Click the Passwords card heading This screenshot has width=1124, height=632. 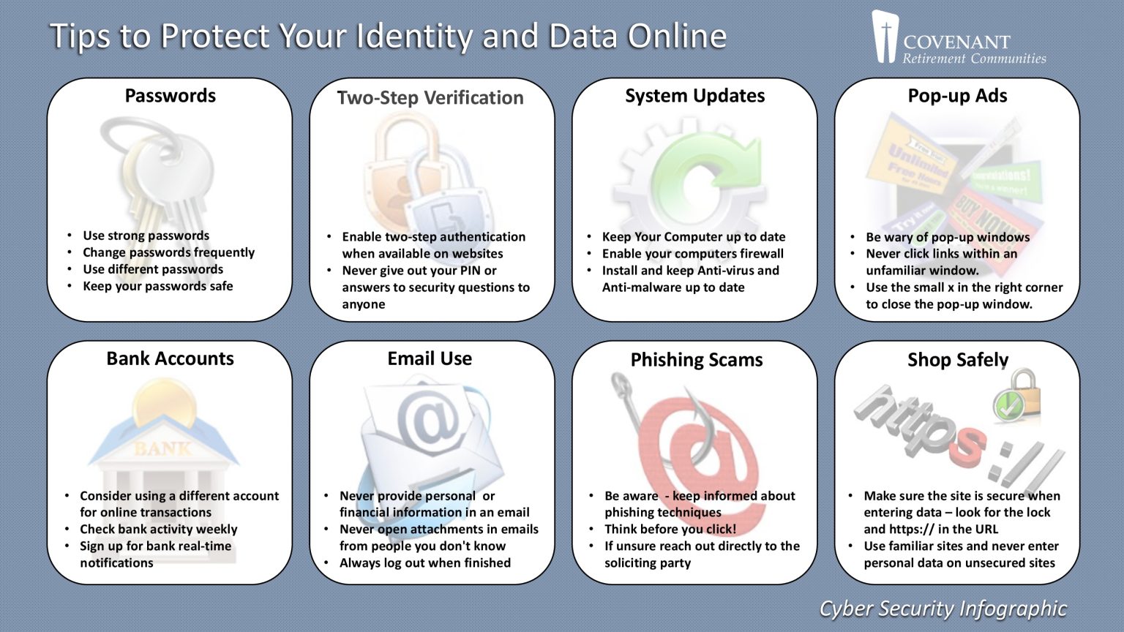(170, 96)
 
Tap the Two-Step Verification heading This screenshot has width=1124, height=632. (430, 98)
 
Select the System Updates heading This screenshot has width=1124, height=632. (694, 96)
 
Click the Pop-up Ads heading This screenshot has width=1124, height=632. (957, 96)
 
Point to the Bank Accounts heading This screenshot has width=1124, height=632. (170, 358)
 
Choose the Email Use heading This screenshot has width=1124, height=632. (430, 358)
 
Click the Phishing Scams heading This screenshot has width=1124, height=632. (696, 360)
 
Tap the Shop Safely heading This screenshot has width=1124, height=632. (958, 360)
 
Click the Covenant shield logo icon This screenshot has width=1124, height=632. (885, 36)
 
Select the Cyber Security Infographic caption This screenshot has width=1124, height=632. (943, 609)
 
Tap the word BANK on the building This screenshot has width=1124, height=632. (162, 448)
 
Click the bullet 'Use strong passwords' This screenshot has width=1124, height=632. (146, 236)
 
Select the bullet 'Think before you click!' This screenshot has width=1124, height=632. (670, 529)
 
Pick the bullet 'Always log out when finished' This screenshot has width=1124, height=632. (424, 563)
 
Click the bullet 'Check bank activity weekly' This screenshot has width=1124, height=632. (158, 529)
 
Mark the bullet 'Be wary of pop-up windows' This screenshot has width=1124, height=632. (948, 237)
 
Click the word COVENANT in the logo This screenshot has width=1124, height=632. (956, 42)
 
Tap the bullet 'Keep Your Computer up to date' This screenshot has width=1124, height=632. (693, 237)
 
